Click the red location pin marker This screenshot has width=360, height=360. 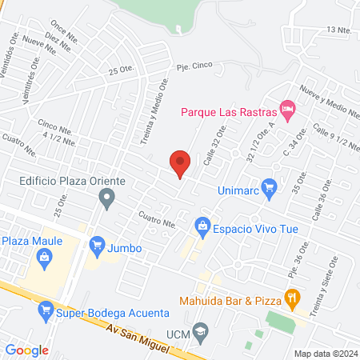pos(180,163)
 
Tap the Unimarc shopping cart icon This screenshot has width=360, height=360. pos(270,187)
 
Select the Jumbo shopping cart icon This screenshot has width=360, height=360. pos(98,243)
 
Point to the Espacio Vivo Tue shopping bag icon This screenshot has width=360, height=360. pos(202,227)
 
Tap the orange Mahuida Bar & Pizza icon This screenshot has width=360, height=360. pos(292,300)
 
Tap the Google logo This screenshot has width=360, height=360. pos(27,350)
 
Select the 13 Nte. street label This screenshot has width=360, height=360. pos(338,30)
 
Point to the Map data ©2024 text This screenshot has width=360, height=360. pos(324,353)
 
